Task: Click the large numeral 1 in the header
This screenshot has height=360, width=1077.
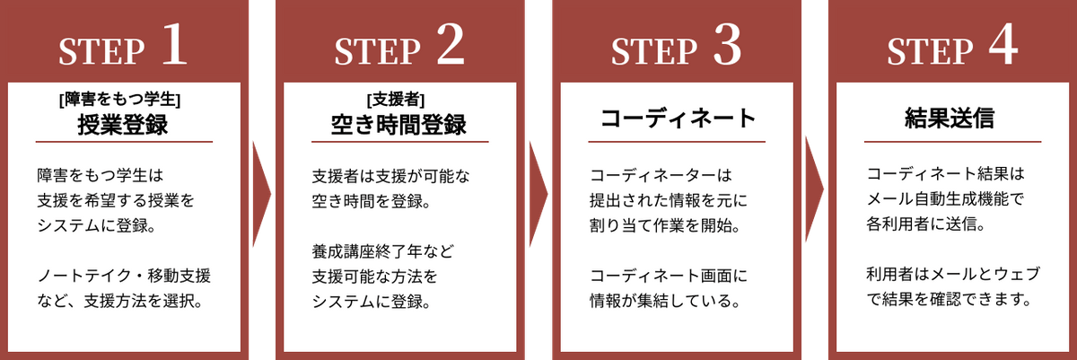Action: pos(175,45)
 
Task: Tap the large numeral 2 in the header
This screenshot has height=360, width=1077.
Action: pos(451,45)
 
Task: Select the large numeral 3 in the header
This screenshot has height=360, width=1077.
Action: pos(727,45)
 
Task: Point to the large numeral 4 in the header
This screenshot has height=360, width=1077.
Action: pos(1003,45)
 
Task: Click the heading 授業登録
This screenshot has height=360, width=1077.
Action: pos(123,125)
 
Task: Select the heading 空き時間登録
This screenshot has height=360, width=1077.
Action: pos(399,125)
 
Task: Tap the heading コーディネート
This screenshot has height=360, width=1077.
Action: pos(678,119)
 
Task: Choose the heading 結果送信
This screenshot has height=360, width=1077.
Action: pos(950,119)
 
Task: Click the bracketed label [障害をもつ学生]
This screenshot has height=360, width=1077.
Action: pos(119,100)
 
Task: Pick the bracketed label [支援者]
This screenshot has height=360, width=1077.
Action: pos(396,100)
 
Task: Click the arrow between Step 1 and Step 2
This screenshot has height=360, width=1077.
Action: pos(262,194)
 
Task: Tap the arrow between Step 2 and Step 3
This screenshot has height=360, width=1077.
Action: pos(538,194)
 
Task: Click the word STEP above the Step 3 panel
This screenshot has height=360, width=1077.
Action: pos(654,51)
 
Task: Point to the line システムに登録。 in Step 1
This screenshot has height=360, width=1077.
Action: pos(97,225)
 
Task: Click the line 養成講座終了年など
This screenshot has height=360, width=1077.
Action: pos(382,250)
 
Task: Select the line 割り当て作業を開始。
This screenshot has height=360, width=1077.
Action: pos(665,225)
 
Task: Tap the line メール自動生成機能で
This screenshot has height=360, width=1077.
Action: pos(944,198)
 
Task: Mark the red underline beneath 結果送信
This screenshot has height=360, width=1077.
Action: pos(952,142)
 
